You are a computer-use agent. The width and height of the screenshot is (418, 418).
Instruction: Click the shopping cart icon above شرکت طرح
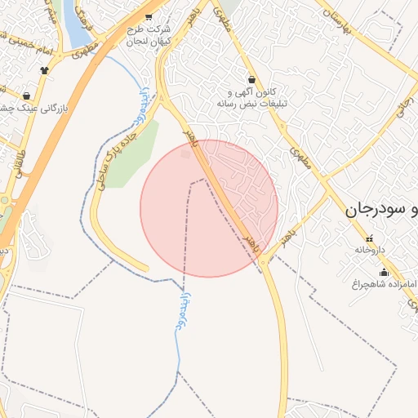coord(148,16)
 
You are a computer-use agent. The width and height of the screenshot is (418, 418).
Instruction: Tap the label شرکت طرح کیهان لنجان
coord(149,34)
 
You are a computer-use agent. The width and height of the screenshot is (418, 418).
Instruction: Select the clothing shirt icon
coord(44,69)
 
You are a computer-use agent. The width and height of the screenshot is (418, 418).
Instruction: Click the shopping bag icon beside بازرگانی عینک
coord(27,96)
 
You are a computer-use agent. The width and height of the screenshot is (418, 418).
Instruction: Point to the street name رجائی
coord(402,107)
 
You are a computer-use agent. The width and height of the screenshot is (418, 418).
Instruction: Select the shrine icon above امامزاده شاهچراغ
coord(384,273)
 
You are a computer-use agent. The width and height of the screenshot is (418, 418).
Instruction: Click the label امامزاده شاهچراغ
coord(384,284)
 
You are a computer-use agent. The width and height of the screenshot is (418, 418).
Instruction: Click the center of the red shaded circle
coord(209,208)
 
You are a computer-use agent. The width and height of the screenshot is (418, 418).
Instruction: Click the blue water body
coord(75,24)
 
